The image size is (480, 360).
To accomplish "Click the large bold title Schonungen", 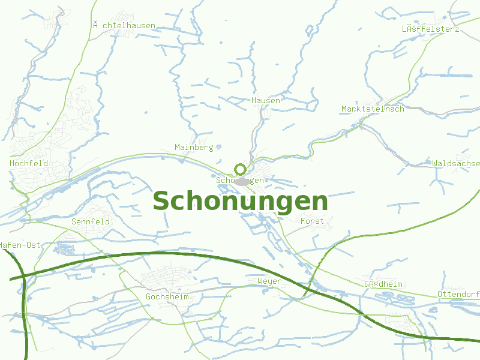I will pyautogui.click(x=240, y=202).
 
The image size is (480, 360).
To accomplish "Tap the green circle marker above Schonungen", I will pyautogui.click(x=240, y=169).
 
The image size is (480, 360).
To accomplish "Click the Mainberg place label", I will pyautogui.click(x=194, y=147).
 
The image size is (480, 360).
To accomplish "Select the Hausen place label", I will pyautogui.click(x=266, y=100).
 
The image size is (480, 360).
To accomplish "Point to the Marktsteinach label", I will pyautogui.click(x=373, y=109).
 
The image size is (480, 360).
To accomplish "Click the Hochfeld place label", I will pyautogui.click(x=29, y=163).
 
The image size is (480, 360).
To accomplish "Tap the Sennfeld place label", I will pyautogui.click(x=91, y=221).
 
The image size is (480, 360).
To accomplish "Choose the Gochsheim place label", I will pyautogui.click(x=167, y=297).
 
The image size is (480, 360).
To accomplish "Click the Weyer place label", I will pyautogui.click(x=269, y=281).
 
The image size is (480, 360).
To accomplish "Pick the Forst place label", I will pyautogui.click(x=312, y=221).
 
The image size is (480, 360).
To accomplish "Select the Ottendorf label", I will pyautogui.click(x=458, y=294).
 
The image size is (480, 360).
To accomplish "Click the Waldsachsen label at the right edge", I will pyautogui.click(x=456, y=163).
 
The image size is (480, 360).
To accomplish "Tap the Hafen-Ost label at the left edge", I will pyautogui.click(x=20, y=245).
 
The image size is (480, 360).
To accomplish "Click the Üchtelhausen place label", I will pyautogui.click(x=124, y=25).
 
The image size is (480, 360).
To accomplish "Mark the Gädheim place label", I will pyautogui.click(x=383, y=284).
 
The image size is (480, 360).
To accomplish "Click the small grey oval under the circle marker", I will pyautogui.click(x=242, y=181).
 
